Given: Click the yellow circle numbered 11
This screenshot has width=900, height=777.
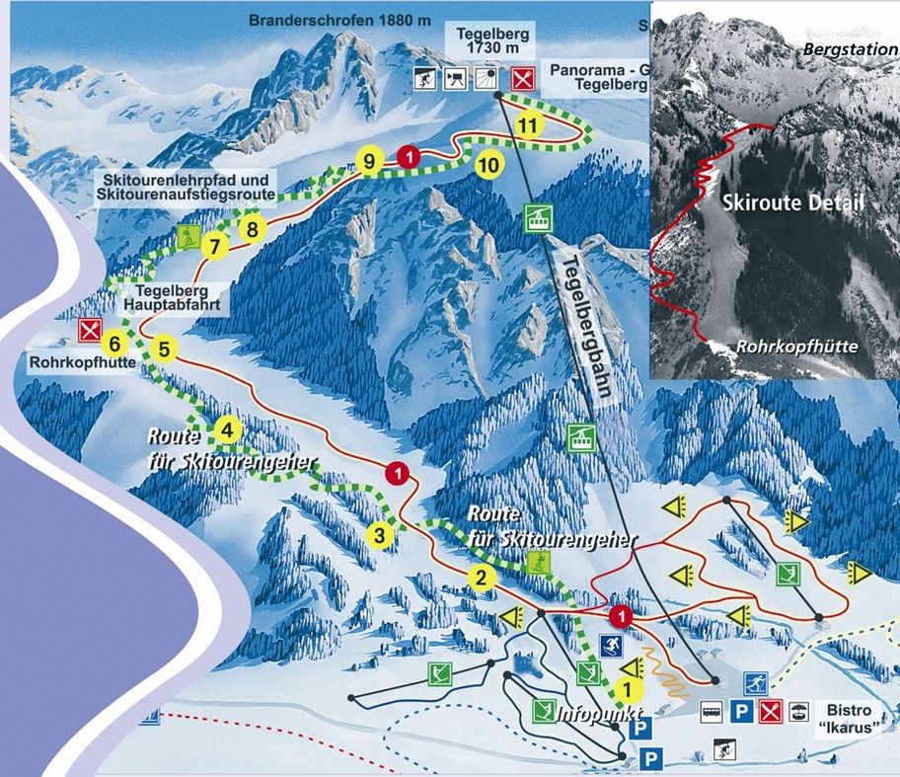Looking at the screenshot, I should click(x=529, y=125).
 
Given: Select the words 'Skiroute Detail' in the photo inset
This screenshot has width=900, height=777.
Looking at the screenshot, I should click(x=792, y=204).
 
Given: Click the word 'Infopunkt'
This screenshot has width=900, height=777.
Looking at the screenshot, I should click(x=592, y=714).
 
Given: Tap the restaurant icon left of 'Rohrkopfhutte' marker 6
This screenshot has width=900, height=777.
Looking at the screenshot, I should click(x=91, y=329).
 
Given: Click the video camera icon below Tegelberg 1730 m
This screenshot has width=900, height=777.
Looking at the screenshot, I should click(x=456, y=78).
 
